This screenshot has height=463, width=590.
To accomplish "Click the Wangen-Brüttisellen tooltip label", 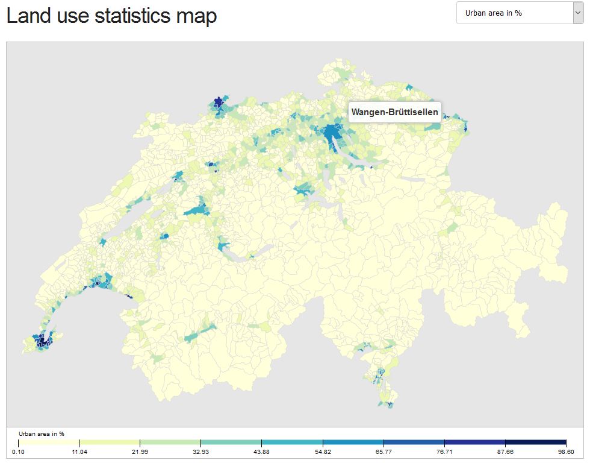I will tap(394, 113).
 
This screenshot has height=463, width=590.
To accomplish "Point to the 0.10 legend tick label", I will tap(18, 452).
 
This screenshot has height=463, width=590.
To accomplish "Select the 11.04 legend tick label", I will tap(79, 452).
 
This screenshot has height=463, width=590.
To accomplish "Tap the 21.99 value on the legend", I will tap(140, 452).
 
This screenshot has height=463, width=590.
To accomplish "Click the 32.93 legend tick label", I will tap(200, 452).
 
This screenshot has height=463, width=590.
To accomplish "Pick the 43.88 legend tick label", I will tap(261, 452).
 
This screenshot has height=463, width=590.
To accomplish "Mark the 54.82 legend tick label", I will tap(323, 452).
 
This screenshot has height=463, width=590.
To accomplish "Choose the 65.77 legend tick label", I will tap(383, 452).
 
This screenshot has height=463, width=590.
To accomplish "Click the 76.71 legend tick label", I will tap(444, 452).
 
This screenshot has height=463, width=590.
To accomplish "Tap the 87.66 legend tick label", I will tap(505, 452).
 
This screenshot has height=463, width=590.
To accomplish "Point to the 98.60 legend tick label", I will tap(566, 452).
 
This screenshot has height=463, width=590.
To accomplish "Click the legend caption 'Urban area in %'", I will tap(42, 433).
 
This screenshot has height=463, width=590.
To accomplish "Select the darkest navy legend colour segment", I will tap(536, 443).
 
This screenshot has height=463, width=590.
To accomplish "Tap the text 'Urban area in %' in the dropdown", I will tap(493, 13).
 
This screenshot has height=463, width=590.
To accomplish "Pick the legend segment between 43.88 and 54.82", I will tap(292, 443).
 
